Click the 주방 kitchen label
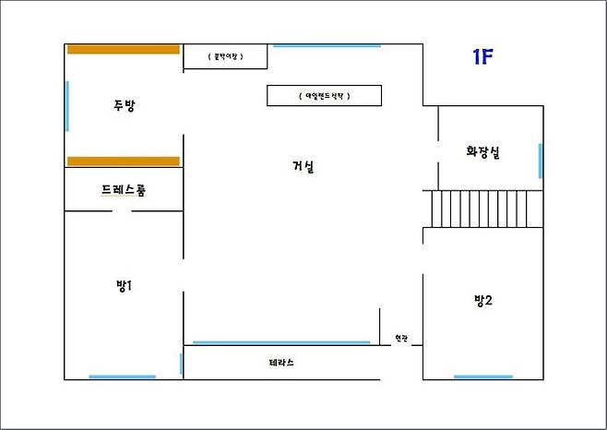pyautogui.click(x=124, y=105)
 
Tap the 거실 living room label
pyautogui.click(x=303, y=166)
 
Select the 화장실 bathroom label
pyautogui.click(x=482, y=153)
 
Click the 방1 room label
pyautogui.click(x=125, y=285)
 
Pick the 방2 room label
pyautogui.click(x=482, y=299)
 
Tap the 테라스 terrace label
pyautogui.click(x=281, y=363)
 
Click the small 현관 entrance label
pyautogui.click(x=400, y=339)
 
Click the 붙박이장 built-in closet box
pyautogui.click(x=225, y=57)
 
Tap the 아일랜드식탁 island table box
pyautogui.click(x=324, y=95)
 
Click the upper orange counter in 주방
pyautogui.click(x=122, y=49)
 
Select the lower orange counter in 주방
pyautogui.click(x=123, y=161)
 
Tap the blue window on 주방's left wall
pyautogui.click(x=67, y=106)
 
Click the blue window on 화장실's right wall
pyautogui.click(x=540, y=161)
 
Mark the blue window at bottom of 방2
pyautogui.click(x=482, y=376)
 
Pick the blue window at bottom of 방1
pyautogui.click(x=122, y=376)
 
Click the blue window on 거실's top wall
pyautogui.click(x=327, y=44)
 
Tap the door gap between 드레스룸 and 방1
pyautogui.click(x=122, y=211)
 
